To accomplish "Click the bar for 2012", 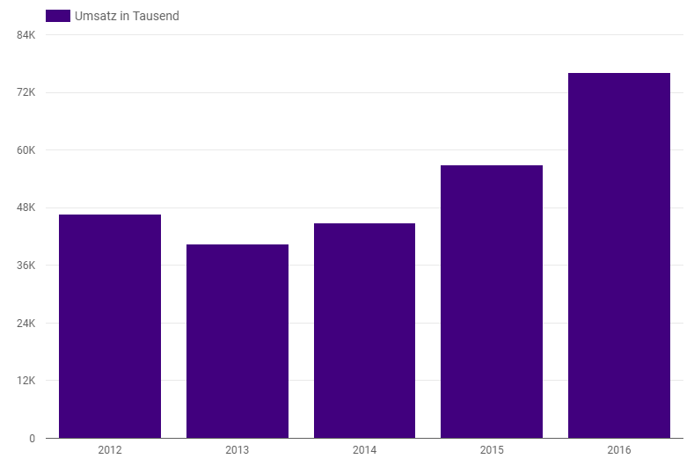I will pos(110,326).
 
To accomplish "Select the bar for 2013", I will pos(237,341).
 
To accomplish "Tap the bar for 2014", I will pos(364,331).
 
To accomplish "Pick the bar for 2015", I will pos(492,302).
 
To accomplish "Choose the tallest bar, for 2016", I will pos(619,255).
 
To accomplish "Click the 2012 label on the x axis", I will pos(110,450).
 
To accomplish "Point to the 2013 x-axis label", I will pos(237,450).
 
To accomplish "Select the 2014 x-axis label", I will pos(364,450).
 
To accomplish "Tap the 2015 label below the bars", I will pos(492,450).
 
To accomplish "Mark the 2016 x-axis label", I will pos(619,450).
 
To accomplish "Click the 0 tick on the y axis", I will pos(32,438).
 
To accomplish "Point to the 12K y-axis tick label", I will pos(26,381).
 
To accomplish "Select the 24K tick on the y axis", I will pos(26,323).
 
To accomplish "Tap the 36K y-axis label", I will pos(26,266).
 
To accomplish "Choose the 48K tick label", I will pos(26,208).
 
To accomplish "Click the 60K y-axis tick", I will pos(26,150).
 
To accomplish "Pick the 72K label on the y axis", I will pos(26,92).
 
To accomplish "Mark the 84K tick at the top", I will pos(26,35).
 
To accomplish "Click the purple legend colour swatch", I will pos(57,16).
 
